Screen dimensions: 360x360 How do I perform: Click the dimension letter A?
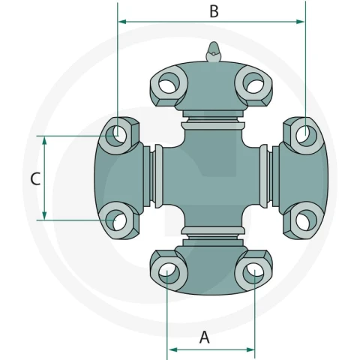205,337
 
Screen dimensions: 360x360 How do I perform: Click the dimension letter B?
214,11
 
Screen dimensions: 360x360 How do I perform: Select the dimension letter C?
35,178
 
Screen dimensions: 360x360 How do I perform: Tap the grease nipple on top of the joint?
213,52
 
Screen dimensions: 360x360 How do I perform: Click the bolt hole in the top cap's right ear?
253,83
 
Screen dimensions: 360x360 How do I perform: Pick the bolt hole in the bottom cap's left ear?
169,273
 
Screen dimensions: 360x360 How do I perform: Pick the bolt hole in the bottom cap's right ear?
253,273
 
